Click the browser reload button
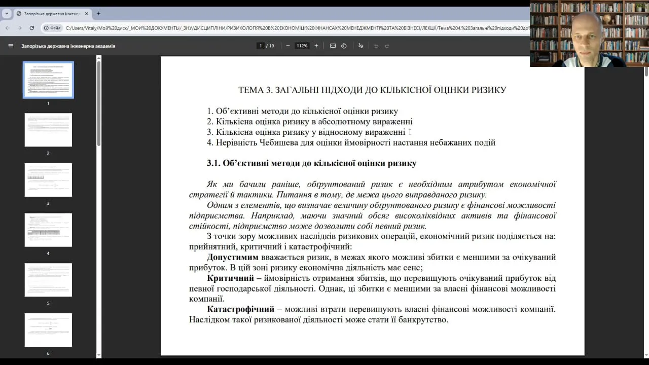(x=31, y=28)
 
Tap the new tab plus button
(x=98, y=14)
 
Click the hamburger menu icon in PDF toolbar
(x=11, y=46)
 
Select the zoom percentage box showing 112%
(x=302, y=46)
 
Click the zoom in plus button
(x=316, y=46)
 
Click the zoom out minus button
(x=287, y=46)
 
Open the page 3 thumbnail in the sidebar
(x=48, y=180)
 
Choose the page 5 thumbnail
(x=48, y=280)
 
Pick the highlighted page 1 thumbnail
(x=48, y=80)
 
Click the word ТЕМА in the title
(x=250, y=90)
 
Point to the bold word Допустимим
(x=233, y=258)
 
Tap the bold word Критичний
(x=230, y=278)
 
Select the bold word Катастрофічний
(x=240, y=309)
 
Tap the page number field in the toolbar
(x=261, y=46)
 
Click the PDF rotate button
(x=344, y=46)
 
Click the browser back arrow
(x=7, y=28)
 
